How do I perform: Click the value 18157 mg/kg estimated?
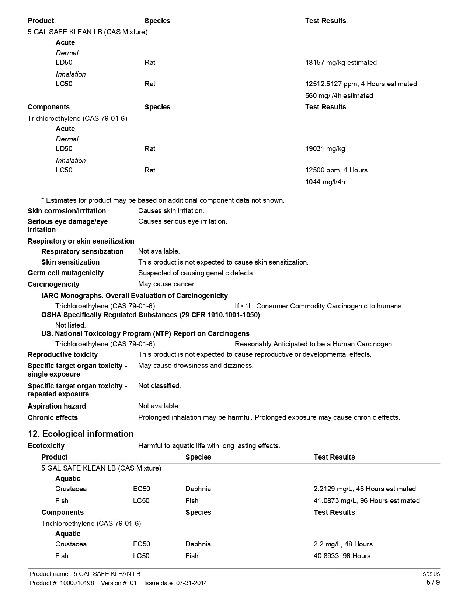(x=341, y=63)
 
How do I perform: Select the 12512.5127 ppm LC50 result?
(x=361, y=84)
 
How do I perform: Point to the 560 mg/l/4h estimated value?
(x=339, y=96)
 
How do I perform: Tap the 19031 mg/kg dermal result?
(x=325, y=149)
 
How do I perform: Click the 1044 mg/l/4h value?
(x=325, y=182)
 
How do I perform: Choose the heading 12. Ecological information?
(x=81, y=434)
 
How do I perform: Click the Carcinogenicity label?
(x=53, y=284)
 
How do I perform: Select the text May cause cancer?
(x=167, y=284)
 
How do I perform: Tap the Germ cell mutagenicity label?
(x=66, y=273)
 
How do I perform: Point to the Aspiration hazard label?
(x=57, y=406)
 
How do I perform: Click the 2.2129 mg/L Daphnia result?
(x=365, y=489)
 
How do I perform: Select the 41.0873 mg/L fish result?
(x=366, y=501)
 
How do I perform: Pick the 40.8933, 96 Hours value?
(x=342, y=556)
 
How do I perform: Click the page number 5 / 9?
(x=433, y=583)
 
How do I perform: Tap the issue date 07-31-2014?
(x=191, y=583)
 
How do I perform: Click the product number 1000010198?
(x=77, y=583)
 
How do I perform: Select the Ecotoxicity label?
(x=46, y=446)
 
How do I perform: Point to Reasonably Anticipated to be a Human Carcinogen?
(x=314, y=344)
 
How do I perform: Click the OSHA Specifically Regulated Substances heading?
(x=150, y=315)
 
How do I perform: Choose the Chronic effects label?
(x=53, y=418)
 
